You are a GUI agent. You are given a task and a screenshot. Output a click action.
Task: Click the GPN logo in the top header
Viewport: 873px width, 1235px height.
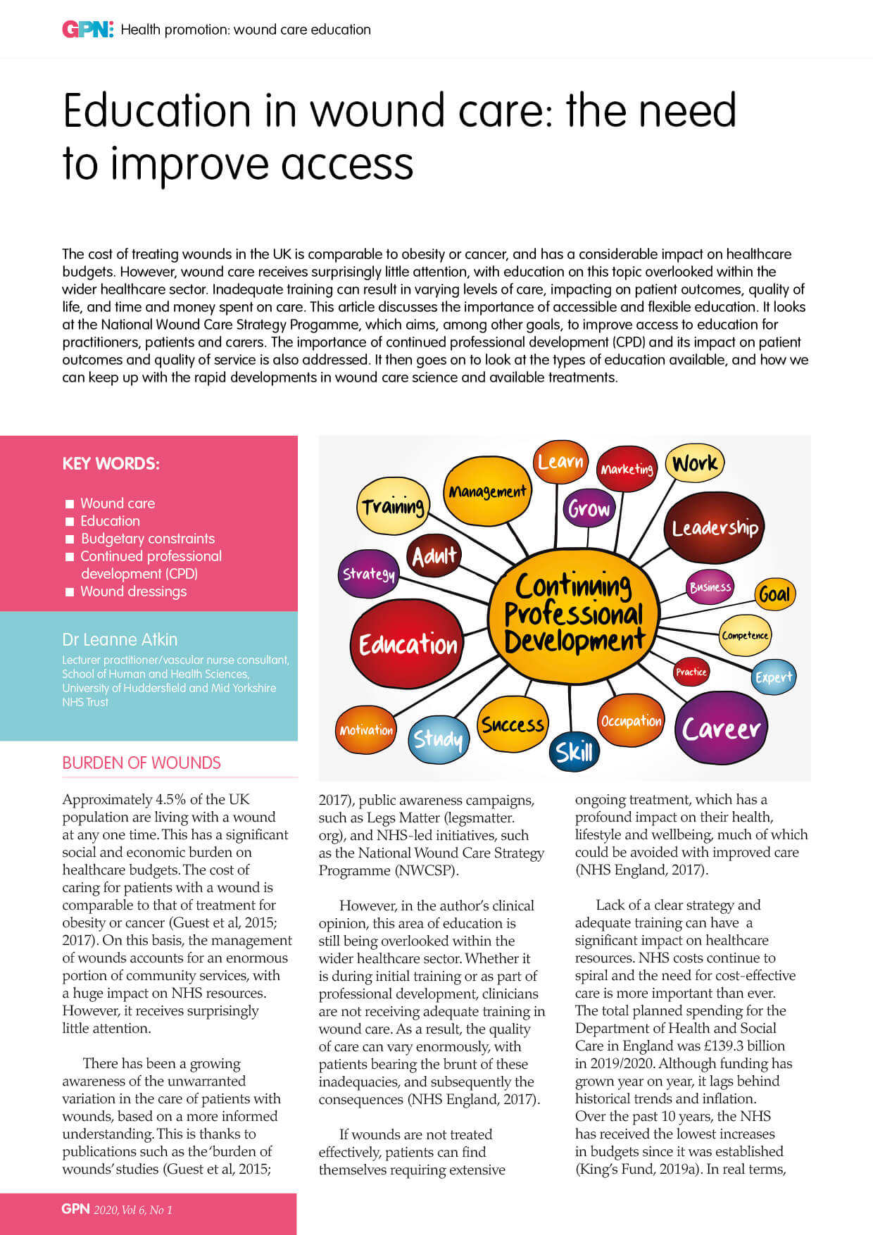pos(87,30)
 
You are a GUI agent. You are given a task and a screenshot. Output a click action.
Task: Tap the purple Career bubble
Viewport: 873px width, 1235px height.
pos(721,728)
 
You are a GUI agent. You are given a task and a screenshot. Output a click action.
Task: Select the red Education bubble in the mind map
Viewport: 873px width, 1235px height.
pos(408,644)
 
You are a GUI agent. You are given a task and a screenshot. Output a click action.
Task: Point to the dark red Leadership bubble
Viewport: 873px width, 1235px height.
pos(714,527)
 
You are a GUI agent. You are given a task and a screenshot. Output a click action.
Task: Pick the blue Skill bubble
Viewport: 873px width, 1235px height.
pos(574,752)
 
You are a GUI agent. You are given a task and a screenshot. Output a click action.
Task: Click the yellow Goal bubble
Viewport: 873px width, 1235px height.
pos(774,594)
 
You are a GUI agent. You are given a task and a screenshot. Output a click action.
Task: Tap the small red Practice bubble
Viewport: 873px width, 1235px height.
pos(691,672)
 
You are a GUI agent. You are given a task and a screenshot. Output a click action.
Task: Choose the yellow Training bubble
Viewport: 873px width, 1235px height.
pos(393,506)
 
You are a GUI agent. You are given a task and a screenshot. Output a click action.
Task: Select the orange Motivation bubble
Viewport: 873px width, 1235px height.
pos(366,730)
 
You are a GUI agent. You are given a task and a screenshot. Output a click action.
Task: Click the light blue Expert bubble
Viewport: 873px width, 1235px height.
pos(773,677)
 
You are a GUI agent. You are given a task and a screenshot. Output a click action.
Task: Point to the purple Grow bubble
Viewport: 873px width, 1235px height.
pos(589,508)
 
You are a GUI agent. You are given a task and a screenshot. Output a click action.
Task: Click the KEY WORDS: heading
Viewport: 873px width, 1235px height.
pos(111,464)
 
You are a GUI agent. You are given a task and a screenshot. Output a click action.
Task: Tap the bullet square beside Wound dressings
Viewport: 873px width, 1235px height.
pos(70,592)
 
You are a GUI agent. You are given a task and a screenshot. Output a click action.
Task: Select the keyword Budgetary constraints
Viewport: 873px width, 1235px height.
pos(148,539)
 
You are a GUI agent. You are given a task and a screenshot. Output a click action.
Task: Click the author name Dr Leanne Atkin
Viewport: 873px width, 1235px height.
pos(120,639)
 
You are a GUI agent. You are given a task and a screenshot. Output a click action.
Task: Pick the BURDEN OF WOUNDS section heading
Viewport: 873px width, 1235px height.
pos(142,763)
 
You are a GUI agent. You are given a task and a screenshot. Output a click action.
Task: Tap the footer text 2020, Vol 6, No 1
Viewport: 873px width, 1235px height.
pos(133,1210)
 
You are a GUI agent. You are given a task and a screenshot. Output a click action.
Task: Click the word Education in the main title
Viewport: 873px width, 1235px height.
pos(156,111)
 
